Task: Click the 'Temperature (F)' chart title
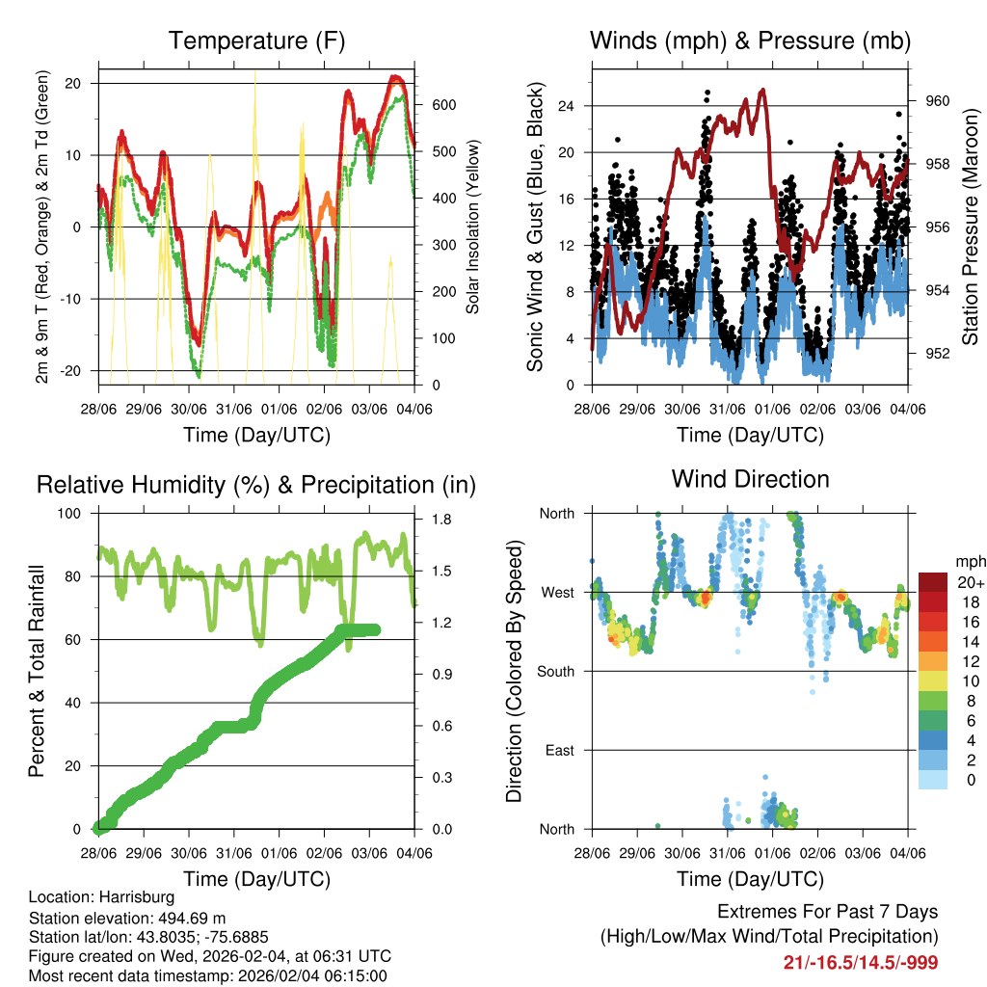pos(256,40)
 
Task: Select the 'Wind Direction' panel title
pos(750,479)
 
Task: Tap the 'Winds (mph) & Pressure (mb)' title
pos(750,40)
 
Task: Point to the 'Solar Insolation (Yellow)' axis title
pos(473,227)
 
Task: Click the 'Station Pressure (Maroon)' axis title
pos(971,227)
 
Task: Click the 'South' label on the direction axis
pos(556,671)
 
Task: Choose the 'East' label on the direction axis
pos(560,750)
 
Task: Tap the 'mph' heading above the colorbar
pos(970,561)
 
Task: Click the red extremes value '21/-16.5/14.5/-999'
pos(861,962)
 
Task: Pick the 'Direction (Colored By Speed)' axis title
pos(515,671)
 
